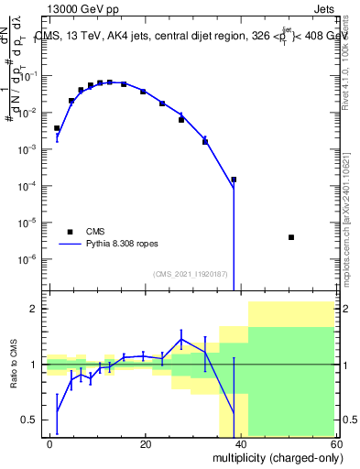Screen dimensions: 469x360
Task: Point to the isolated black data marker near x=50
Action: tap(290, 237)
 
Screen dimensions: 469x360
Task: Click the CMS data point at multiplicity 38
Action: tap(234, 180)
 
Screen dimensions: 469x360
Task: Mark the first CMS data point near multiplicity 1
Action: tap(57, 128)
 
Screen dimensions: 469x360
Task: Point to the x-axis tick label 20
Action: tap(146, 443)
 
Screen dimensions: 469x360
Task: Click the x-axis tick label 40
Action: tap(241, 443)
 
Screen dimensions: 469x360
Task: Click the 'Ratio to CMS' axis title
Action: tap(14, 365)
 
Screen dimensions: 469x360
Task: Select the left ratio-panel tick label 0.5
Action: tap(30, 420)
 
